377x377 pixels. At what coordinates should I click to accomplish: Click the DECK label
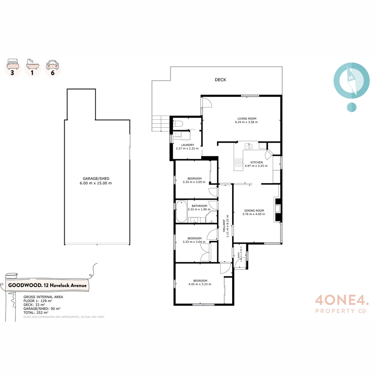tap(220, 80)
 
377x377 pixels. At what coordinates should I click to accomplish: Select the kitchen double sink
tap(249, 146)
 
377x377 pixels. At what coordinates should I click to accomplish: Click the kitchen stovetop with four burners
tap(238, 163)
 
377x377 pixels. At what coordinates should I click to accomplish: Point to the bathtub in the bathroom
tap(181, 211)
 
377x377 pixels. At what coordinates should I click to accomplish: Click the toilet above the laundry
tap(178, 123)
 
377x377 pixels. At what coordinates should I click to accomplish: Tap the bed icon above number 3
tap(13, 65)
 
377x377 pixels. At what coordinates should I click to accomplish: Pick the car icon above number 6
tap(53, 65)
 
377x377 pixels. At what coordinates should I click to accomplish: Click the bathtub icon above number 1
tap(33, 65)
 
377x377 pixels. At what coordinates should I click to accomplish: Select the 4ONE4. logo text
tap(341, 300)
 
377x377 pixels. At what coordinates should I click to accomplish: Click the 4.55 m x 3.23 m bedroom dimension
tap(200, 284)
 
